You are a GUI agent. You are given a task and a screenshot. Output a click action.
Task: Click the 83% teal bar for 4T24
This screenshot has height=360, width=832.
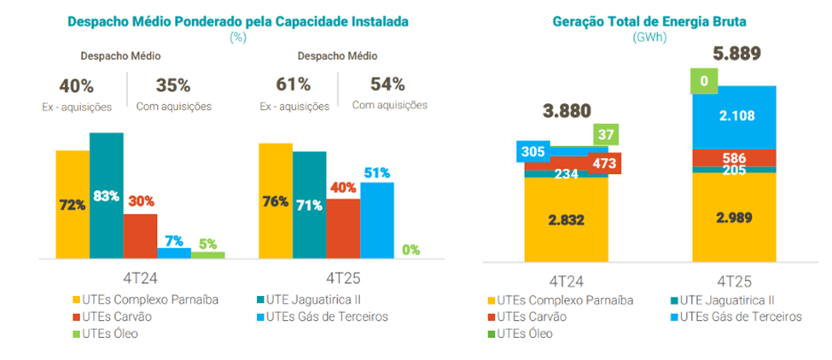point(107,195)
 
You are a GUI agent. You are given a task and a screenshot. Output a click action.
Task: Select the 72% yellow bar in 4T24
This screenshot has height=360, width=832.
point(73,205)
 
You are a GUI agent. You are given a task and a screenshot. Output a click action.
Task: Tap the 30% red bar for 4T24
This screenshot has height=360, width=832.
point(140,235)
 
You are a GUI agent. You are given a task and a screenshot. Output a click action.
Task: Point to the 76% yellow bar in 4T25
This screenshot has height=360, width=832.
point(275,201)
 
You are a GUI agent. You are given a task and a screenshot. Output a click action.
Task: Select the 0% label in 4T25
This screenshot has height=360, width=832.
point(411,250)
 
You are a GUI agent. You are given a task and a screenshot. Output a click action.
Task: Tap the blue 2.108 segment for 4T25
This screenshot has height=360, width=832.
point(734,116)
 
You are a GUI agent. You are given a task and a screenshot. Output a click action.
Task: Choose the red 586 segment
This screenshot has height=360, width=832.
point(734,158)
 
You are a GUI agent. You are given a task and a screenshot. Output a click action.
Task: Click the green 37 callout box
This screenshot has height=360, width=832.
point(605,134)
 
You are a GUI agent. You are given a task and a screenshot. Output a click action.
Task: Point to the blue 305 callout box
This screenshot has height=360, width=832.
point(532,152)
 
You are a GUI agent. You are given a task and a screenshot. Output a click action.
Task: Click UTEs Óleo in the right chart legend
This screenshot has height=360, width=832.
point(523,333)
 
